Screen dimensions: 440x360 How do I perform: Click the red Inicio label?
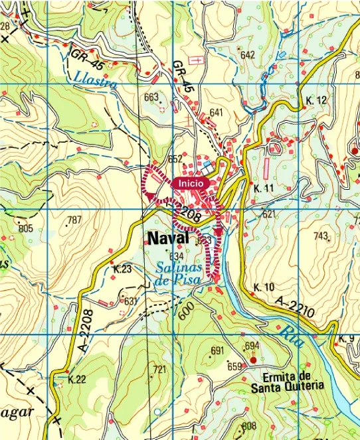(191, 182)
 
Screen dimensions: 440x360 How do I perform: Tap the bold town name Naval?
(169, 239)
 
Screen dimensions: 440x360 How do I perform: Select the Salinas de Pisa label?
(179, 274)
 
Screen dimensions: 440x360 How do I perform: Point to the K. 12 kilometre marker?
(317, 101)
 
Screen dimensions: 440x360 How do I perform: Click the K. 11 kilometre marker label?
(264, 189)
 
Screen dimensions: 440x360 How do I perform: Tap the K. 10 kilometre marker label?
(264, 287)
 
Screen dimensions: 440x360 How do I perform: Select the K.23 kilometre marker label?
(123, 269)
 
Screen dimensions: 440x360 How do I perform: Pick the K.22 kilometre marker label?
(77, 380)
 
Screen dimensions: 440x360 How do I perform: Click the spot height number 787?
(74, 220)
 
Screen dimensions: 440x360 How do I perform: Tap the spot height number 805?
(25, 229)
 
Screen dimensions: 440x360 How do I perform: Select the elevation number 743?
(321, 236)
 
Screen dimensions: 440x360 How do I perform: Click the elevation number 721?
(159, 370)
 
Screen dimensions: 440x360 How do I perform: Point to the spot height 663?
(151, 98)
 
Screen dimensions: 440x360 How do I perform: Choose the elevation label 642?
(248, 55)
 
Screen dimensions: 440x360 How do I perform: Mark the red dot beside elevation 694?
(252, 360)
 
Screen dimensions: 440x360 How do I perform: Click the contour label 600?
(184, 309)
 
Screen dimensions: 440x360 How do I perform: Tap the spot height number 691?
(217, 351)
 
